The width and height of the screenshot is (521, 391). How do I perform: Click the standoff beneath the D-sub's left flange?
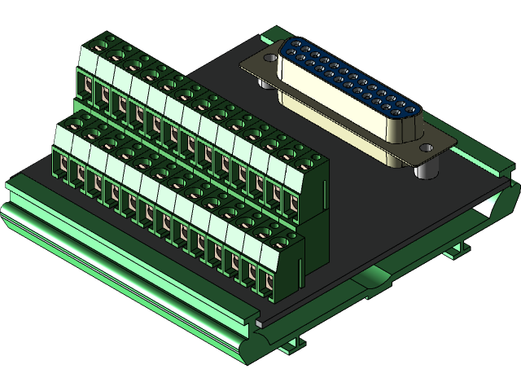pos(265,82)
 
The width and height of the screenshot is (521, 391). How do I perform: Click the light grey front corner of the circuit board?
pos(260,323)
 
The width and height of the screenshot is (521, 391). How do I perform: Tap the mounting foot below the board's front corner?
pos(290,346)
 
